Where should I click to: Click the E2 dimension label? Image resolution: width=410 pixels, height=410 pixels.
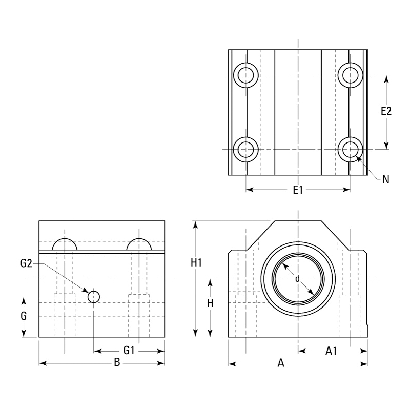pyautogui.click(x=386, y=111)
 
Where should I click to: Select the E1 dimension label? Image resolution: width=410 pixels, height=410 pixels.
pyautogui.click(x=298, y=190)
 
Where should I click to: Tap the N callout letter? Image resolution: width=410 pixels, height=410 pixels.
pyautogui.click(x=386, y=179)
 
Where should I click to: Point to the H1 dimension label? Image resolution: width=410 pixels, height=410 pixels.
pyautogui.click(x=196, y=263)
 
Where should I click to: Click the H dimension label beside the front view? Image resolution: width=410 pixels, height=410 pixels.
pyautogui.click(x=210, y=303)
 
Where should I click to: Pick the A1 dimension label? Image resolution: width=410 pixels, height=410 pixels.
pyautogui.click(x=332, y=351)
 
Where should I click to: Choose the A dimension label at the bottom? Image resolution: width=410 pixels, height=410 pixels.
pyautogui.click(x=280, y=364)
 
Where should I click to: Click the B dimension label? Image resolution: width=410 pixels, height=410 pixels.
pyautogui.click(x=117, y=363)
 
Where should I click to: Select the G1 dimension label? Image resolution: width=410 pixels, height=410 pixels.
pyautogui.click(x=129, y=351)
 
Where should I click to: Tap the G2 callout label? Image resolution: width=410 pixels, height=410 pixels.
pyautogui.click(x=26, y=264)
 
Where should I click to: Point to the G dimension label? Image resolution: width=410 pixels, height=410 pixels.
pyautogui.click(x=24, y=316)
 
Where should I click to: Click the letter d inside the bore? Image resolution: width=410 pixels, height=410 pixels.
pyautogui.click(x=297, y=279)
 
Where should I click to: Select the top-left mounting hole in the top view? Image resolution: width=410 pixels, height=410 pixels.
pyautogui.click(x=245, y=75)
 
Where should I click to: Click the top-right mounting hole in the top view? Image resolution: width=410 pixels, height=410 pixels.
pyautogui.click(x=351, y=75)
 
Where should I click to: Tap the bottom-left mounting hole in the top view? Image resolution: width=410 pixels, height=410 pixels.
pyautogui.click(x=245, y=150)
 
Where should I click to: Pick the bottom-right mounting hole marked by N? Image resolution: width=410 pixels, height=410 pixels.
pyautogui.click(x=351, y=150)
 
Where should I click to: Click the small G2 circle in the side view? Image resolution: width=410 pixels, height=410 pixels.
pyautogui.click(x=94, y=297)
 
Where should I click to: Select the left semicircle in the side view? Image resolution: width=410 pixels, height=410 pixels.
pyautogui.click(x=65, y=244)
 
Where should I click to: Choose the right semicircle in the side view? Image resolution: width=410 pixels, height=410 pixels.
pyautogui.click(x=139, y=244)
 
